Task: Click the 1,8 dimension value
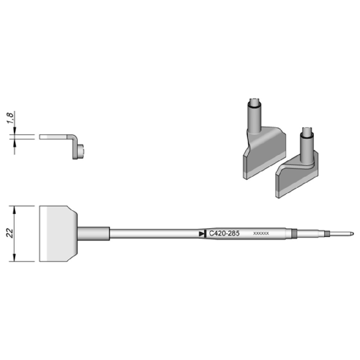pos(11,118)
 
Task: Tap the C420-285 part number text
pos(224,234)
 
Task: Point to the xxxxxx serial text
pos(261,234)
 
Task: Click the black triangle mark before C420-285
pos(202,234)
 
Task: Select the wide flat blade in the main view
pos(58,234)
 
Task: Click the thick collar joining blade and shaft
pos(94,234)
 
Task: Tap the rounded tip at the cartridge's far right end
pos(352,234)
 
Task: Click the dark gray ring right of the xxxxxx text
pos(294,234)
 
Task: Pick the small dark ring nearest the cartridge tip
pos(327,234)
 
